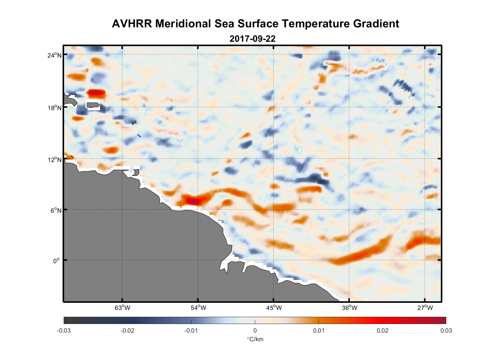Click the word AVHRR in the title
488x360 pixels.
coord(132,24)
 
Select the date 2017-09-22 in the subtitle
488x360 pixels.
coord(252,39)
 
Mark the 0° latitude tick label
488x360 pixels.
coord(57,261)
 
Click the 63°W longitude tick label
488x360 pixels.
coord(122,308)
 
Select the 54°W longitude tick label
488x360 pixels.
coord(198,308)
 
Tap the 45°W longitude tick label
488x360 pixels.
coord(274,308)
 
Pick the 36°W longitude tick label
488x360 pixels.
coord(349,308)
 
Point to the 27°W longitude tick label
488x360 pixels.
coord(425,308)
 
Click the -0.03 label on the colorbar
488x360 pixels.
coord(64,330)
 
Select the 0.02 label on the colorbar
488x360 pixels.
coord(382,330)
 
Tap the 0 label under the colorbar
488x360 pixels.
coord(255,330)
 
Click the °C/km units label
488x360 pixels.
coord(255,339)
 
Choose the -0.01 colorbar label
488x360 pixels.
coord(191,330)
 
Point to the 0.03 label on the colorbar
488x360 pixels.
coord(446,330)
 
